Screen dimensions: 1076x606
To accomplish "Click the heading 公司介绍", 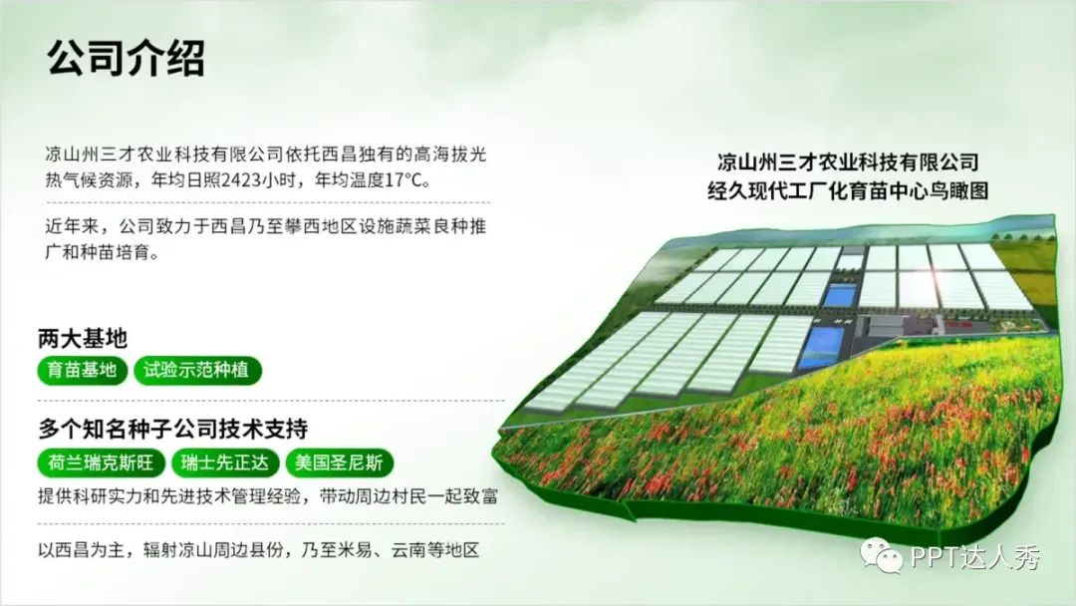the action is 127,58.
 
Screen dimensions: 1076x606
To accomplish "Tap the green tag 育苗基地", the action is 83,370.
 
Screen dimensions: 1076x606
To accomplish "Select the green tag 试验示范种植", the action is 197,370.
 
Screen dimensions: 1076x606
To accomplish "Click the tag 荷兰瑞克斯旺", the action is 101,462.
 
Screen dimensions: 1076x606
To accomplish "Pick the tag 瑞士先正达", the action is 225,462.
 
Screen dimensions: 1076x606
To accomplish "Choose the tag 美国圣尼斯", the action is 339,462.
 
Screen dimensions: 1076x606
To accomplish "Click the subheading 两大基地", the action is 83,338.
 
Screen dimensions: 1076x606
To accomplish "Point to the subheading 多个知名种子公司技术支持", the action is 173,429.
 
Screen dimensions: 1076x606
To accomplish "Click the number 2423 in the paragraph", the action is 241,180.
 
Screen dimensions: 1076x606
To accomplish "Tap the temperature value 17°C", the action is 403,180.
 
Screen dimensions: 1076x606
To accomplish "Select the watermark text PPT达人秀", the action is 975,556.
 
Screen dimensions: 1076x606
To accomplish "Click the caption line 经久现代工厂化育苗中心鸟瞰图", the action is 848,190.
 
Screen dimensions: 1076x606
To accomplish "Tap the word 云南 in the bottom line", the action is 409,550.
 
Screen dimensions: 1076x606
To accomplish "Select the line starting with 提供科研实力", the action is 268,495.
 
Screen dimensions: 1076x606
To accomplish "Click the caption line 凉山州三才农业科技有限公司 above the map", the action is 848,162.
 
